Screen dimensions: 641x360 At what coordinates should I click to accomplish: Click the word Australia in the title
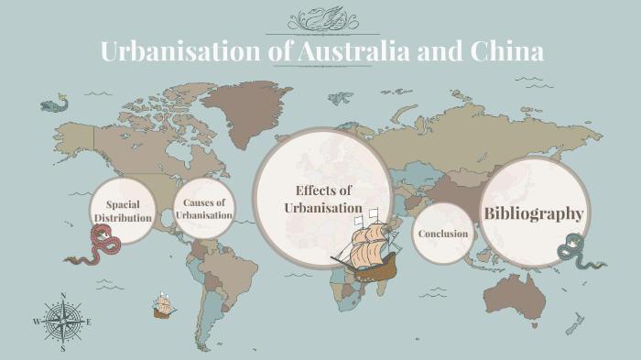353,51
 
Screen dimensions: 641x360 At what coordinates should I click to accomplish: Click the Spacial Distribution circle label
122,211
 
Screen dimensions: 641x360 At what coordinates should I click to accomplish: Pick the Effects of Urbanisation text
323,199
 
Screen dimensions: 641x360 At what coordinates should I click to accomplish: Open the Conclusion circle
443,234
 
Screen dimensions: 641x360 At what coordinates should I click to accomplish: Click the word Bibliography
533,213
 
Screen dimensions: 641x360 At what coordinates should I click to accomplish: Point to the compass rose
62,322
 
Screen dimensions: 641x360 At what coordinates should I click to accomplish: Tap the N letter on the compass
62,296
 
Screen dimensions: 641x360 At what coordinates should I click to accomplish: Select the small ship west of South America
165,306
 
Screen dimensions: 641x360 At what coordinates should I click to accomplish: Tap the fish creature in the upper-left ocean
52,105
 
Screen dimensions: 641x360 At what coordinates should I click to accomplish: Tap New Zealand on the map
576,322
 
